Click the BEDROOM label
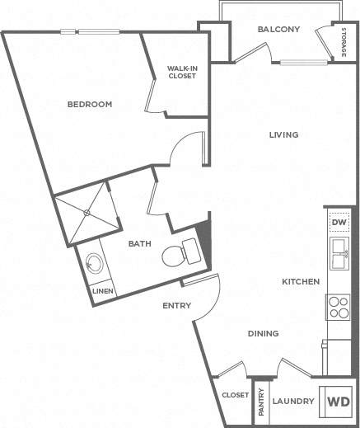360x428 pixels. click(89, 104)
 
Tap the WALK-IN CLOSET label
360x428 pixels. click(181, 72)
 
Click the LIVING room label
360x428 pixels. click(283, 134)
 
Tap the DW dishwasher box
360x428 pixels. click(338, 223)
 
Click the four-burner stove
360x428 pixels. click(338, 307)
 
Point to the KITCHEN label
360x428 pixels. click(301, 282)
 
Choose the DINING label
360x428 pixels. click(263, 333)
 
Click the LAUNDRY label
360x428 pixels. click(294, 402)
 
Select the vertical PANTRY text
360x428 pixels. click(262, 402)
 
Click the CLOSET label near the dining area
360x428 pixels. click(235, 395)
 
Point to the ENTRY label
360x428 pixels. click(176, 306)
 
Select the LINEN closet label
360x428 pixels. click(102, 290)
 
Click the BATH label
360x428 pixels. click(138, 244)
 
